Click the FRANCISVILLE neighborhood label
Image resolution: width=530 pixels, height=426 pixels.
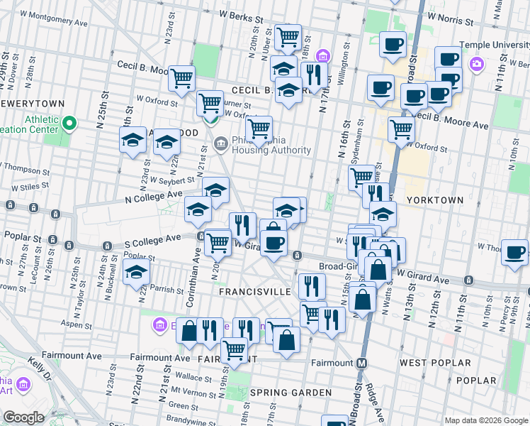pyautogui.click(x=254, y=292)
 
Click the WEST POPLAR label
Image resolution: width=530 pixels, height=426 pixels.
pyautogui.click(x=434, y=363)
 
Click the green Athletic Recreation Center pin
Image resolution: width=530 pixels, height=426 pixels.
pyautogui.click(x=69, y=126)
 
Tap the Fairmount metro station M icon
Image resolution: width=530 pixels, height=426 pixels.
pyautogui.click(x=361, y=363)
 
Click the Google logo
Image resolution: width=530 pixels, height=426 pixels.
pyautogui.click(x=23, y=417)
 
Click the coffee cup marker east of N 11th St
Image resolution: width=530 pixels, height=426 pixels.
pyautogui.click(x=514, y=251)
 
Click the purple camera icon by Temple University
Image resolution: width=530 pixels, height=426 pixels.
pyautogui.click(x=477, y=64)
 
